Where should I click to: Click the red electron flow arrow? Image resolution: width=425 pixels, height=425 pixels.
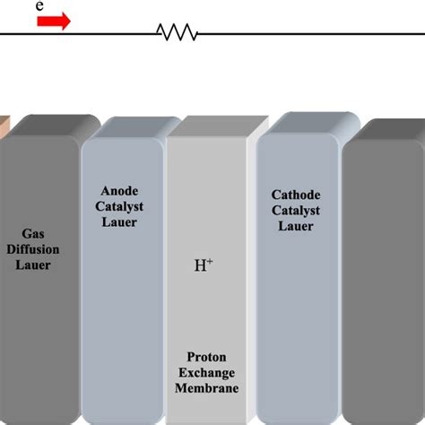54,22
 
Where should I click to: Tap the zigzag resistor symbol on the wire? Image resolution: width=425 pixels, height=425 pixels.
178,32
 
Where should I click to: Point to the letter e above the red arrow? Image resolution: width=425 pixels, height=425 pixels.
39,5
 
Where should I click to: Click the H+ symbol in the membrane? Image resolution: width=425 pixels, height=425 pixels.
204,265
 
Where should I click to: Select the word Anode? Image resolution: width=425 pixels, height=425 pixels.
119,191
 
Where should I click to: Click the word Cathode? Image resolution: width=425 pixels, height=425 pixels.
296,195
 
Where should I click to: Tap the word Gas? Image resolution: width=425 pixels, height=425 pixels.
33,234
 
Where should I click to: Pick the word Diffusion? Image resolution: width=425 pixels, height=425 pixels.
33,249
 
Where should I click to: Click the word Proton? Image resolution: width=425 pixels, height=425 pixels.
206,357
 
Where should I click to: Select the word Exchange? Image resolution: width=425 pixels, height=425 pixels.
206,373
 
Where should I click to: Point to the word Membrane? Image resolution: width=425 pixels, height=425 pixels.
207,388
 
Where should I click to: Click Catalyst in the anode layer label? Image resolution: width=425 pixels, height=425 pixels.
119,207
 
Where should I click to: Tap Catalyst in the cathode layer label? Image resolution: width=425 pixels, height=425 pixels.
296,211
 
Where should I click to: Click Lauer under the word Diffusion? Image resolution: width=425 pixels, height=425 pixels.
33,265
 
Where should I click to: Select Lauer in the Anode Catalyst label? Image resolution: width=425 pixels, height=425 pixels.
119,222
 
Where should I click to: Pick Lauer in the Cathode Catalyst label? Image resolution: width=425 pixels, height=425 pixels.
296,226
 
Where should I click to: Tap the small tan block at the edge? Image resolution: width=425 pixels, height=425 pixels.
4,128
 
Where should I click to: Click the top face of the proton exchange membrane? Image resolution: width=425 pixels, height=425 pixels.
218,126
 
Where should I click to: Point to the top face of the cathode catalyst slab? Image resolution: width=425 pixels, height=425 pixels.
312,123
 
